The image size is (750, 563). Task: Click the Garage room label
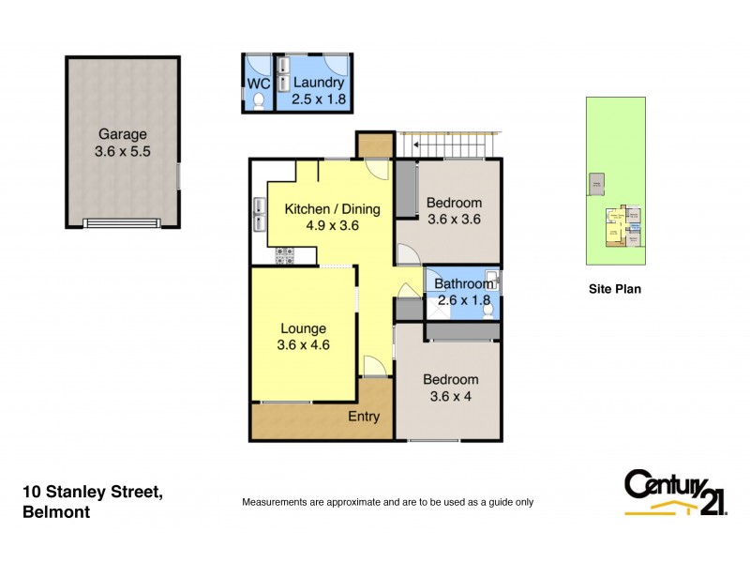pos(123,134)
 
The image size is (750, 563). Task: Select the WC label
pos(258,82)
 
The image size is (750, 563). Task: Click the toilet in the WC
pos(259,103)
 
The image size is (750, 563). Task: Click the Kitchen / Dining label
pos(322,208)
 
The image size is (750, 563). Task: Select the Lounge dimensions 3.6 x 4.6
pos(303,344)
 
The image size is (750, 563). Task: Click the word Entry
pos(364,417)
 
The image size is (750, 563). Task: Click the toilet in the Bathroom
pos(485,311)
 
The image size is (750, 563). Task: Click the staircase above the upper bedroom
pos(445,145)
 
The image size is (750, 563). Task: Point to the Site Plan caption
pos(614,289)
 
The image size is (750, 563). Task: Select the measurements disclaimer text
pos(387,502)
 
